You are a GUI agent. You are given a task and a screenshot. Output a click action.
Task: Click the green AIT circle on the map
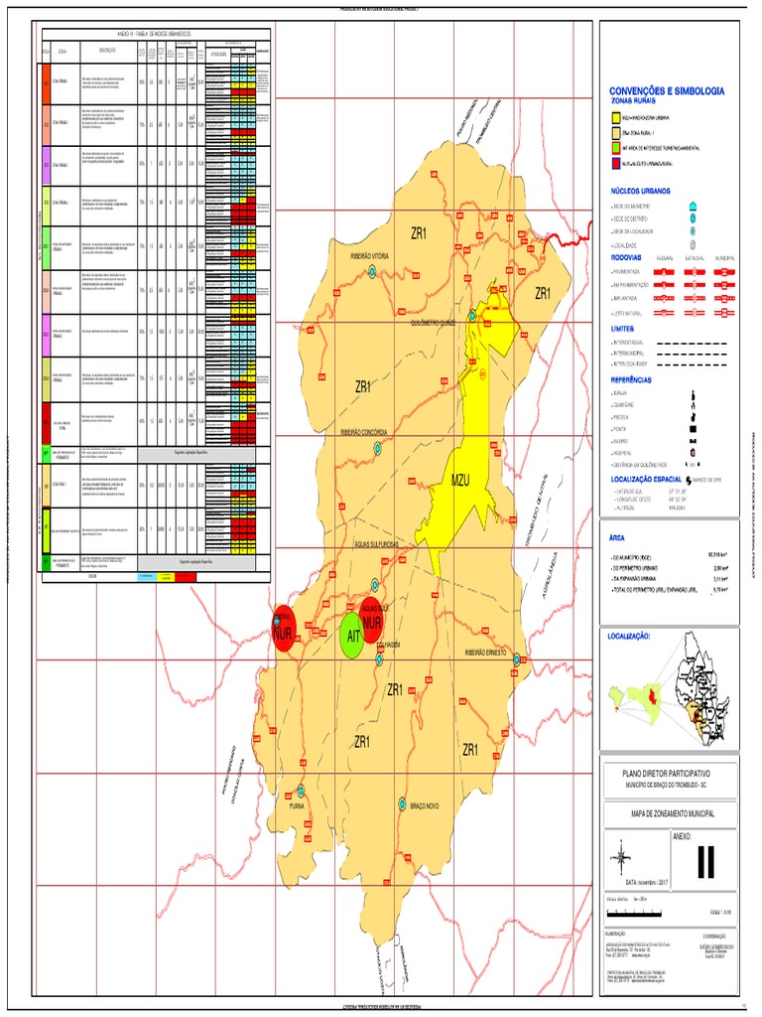coord(351,636)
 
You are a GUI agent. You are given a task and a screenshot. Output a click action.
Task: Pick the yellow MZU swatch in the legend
coord(616,116)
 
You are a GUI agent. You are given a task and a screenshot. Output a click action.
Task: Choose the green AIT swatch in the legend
coord(616,145)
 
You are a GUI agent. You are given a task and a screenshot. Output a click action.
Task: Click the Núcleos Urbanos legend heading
coord(641,190)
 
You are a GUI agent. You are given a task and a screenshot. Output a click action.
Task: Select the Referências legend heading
coord(636,379)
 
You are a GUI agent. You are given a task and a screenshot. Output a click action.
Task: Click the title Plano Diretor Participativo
coord(666,772)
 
